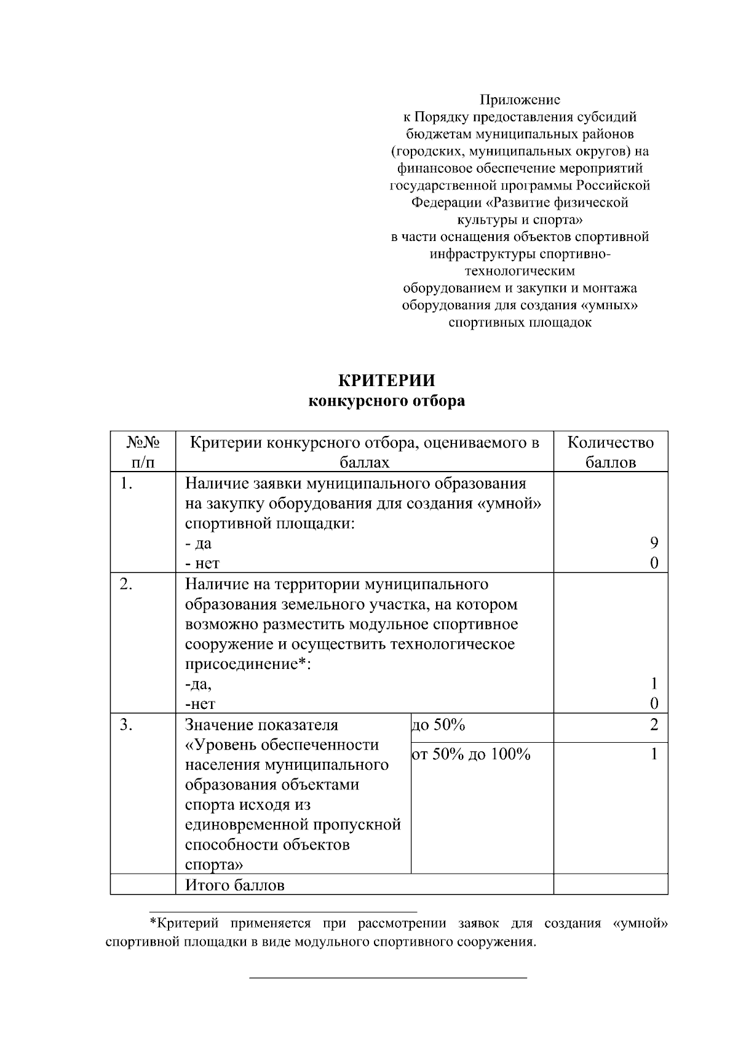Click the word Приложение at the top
[520, 100]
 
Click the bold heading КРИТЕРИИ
[387, 381]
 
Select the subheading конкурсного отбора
[387, 401]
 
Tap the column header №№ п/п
[143, 452]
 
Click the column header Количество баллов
[610, 452]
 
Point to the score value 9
[654, 543]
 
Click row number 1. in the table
[127, 484]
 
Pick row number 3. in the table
[127, 725]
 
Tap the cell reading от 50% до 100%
[471, 754]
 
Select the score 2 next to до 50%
[654, 725]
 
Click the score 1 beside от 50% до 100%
[654, 754]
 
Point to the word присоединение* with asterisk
[247, 665]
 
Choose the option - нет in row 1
[202, 563]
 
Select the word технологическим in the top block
[520, 271]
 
